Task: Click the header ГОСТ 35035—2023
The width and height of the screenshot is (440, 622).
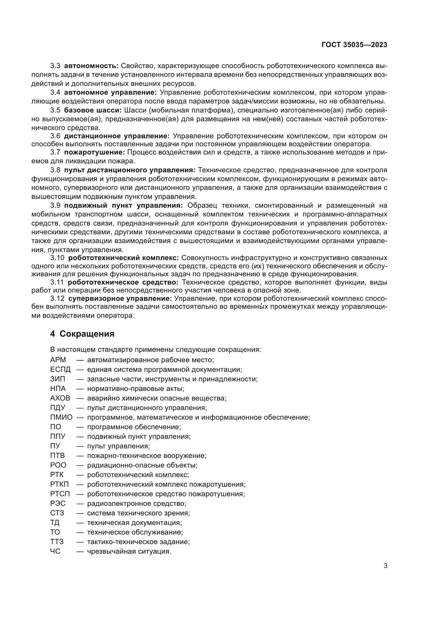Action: point(354,45)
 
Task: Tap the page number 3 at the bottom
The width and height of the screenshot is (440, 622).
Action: point(385,566)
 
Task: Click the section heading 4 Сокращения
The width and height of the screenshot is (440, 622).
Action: point(82,334)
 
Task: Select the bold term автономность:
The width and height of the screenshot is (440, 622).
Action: point(91,66)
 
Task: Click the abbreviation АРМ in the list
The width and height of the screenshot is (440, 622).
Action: point(58,360)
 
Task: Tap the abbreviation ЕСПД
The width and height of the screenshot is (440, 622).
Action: point(60,369)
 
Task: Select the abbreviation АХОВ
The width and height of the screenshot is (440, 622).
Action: point(60,398)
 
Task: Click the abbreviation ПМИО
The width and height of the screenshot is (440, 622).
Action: point(61,417)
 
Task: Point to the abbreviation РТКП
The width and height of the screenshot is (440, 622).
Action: point(59,484)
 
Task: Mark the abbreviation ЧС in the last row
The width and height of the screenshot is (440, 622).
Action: point(55,551)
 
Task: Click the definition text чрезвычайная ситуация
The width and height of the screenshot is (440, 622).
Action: point(129,551)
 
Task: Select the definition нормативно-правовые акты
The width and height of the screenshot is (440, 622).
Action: point(135,389)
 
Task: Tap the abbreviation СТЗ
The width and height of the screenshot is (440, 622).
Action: point(57,513)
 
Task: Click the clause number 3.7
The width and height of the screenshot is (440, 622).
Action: point(55,152)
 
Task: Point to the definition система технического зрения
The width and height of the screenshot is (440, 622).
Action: point(138,513)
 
